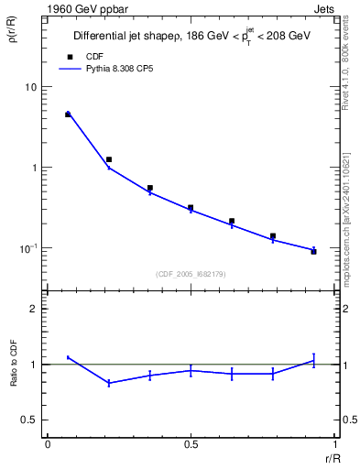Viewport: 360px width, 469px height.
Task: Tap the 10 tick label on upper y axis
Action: click(x=30, y=87)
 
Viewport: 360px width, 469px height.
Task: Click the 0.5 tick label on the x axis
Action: click(x=191, y=445)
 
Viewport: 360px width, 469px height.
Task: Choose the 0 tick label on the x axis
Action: click(x=47, y=445)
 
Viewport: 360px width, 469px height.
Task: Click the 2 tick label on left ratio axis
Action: click(x=34, y=310)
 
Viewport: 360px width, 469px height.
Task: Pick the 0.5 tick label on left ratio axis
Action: click(x=30, y=420)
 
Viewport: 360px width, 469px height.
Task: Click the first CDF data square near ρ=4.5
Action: click(x=68, y=115)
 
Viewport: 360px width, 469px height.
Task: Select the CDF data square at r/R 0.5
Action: click(x=191, y=208)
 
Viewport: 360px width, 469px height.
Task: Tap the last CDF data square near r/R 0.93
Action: click(x=313, y=251)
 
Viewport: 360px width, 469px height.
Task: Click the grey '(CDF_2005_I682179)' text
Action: click(x=191, y=273)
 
